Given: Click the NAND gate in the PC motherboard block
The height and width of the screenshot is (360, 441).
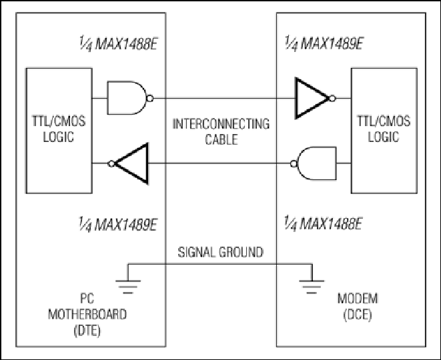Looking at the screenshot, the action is (x=127, y=98).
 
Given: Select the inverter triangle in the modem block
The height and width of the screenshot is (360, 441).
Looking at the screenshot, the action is (x=312, y=98).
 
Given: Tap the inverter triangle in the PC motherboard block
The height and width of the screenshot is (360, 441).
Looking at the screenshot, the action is (x=131, y=163).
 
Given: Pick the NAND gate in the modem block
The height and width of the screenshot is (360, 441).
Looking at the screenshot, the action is (x=316, y=163).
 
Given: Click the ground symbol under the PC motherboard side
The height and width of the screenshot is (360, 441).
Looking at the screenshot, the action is (x=127, y=283).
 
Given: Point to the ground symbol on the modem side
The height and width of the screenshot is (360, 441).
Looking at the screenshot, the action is (x=312, y=283).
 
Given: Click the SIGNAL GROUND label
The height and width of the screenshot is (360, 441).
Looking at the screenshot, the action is (x=220, y=252).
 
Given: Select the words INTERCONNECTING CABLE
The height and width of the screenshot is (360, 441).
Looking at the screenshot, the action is (x=221, y=131).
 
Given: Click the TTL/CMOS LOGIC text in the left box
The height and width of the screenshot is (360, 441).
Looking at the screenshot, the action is (x=59, y=129).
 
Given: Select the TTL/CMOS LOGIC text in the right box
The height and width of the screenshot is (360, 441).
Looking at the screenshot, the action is (x=384, y=129).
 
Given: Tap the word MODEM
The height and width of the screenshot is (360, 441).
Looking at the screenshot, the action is (x=358, y=299).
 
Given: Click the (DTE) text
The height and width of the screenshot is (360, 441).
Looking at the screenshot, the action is (x=87, y=331).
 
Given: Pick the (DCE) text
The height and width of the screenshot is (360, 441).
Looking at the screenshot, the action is (x=358, y=315).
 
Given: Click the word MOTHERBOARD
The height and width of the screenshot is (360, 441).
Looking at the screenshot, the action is (x=87, y=314).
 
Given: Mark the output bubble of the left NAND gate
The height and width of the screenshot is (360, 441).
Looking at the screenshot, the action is (x=150, y=99).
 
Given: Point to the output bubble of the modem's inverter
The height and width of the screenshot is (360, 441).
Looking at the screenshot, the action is (x=332, y=99).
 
